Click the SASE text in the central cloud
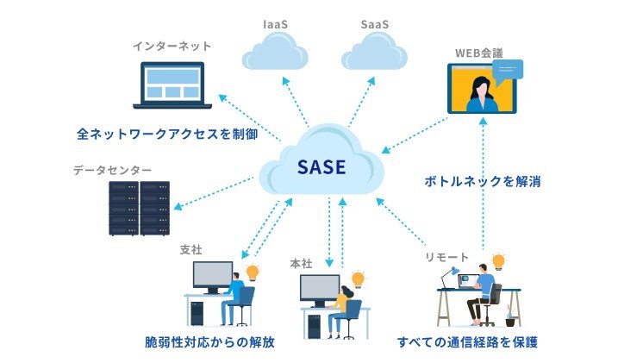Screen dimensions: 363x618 coord(321,166)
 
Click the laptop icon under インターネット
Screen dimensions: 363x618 coord(172,86)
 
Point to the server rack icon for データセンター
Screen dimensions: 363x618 coord(139,208)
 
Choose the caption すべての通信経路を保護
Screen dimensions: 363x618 coord(467,341)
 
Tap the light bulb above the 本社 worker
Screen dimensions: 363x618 coord(358,278)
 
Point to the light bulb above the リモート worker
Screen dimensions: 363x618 coord(497,260)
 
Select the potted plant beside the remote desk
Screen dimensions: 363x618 coord(510,314)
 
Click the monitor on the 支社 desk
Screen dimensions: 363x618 coord(212,275)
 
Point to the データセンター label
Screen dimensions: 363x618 coord(113,171)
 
